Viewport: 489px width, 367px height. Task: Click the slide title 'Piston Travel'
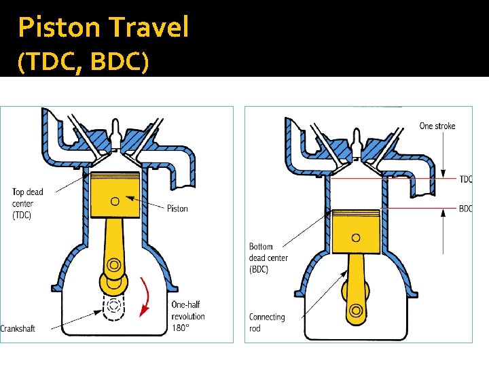(103, 27)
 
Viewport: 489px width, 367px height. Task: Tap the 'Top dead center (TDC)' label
(27, 203)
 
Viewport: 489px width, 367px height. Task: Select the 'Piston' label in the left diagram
(177, 209)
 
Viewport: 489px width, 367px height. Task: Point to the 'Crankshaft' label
(18, 329)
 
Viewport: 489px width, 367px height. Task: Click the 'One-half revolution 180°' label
(188, 316)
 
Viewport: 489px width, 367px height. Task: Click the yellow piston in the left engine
(115, 189)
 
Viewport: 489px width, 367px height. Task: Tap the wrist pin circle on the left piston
(115, 200)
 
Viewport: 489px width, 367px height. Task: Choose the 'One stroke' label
(437, 126)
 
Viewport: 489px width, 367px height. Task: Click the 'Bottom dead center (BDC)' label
(268, 258)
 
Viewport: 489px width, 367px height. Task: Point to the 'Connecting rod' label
(267, 322)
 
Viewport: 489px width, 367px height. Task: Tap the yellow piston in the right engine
(356, 224)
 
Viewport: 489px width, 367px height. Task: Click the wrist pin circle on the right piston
(356, 238)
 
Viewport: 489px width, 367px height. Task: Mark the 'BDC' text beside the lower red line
(465, 209)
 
